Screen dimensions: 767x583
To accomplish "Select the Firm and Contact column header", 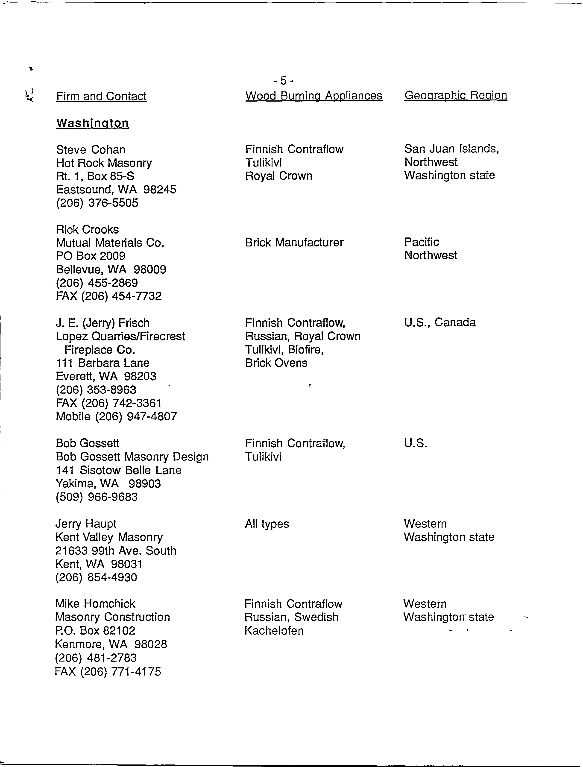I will click(101, 96).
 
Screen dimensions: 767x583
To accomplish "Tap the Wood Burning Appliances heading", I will click(314, 95).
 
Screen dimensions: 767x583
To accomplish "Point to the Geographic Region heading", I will click(456, 95).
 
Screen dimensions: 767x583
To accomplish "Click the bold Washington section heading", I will click(93, 123).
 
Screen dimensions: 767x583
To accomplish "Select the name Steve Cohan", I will click(91, 149).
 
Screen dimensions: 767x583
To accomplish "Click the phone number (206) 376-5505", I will click(97, 203).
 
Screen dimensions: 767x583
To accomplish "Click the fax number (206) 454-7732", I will click(109, 296).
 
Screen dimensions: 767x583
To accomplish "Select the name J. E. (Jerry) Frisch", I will click(103, 323).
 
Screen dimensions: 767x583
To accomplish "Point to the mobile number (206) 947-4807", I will click(116, 416).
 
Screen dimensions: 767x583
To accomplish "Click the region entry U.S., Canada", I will click(440, 322).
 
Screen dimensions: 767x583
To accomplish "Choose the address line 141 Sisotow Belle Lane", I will click(119, 470).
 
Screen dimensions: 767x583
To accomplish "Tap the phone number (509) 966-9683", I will click(97, 497).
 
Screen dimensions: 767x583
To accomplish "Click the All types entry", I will click(267, 524).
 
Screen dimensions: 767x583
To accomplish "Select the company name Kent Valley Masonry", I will click(109, 537).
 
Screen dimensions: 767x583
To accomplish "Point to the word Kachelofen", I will click(274, 630).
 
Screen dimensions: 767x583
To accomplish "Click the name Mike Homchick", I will click(95, 604).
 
